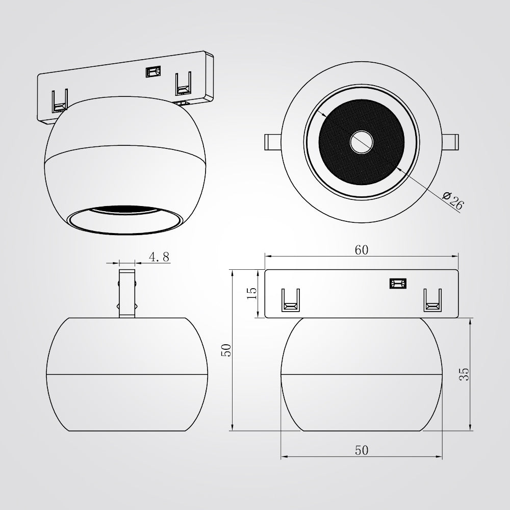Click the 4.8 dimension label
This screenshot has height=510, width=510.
[159, 257]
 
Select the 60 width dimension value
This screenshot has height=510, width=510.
[362, 250]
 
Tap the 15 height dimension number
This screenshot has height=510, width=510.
[252, 293]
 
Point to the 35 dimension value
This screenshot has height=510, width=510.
[464, 374]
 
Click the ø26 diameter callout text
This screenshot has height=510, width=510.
[453, 200]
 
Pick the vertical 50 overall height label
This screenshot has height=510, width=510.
[226, 350]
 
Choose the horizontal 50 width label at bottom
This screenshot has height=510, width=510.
[362, 450]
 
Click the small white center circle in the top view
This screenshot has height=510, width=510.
[362, 142]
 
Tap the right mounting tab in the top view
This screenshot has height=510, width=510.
[450, 142]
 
